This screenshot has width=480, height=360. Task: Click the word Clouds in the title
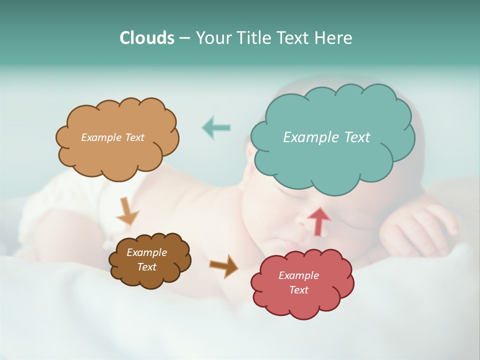146,38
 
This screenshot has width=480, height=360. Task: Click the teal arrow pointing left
216,128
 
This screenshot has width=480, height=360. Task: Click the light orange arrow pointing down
127,211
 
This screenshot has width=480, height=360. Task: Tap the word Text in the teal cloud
357,137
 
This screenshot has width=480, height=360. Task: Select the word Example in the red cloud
298,275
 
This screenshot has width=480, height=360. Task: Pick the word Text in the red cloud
298,290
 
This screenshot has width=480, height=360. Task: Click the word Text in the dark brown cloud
147,267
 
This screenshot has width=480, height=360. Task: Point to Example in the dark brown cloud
147,252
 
